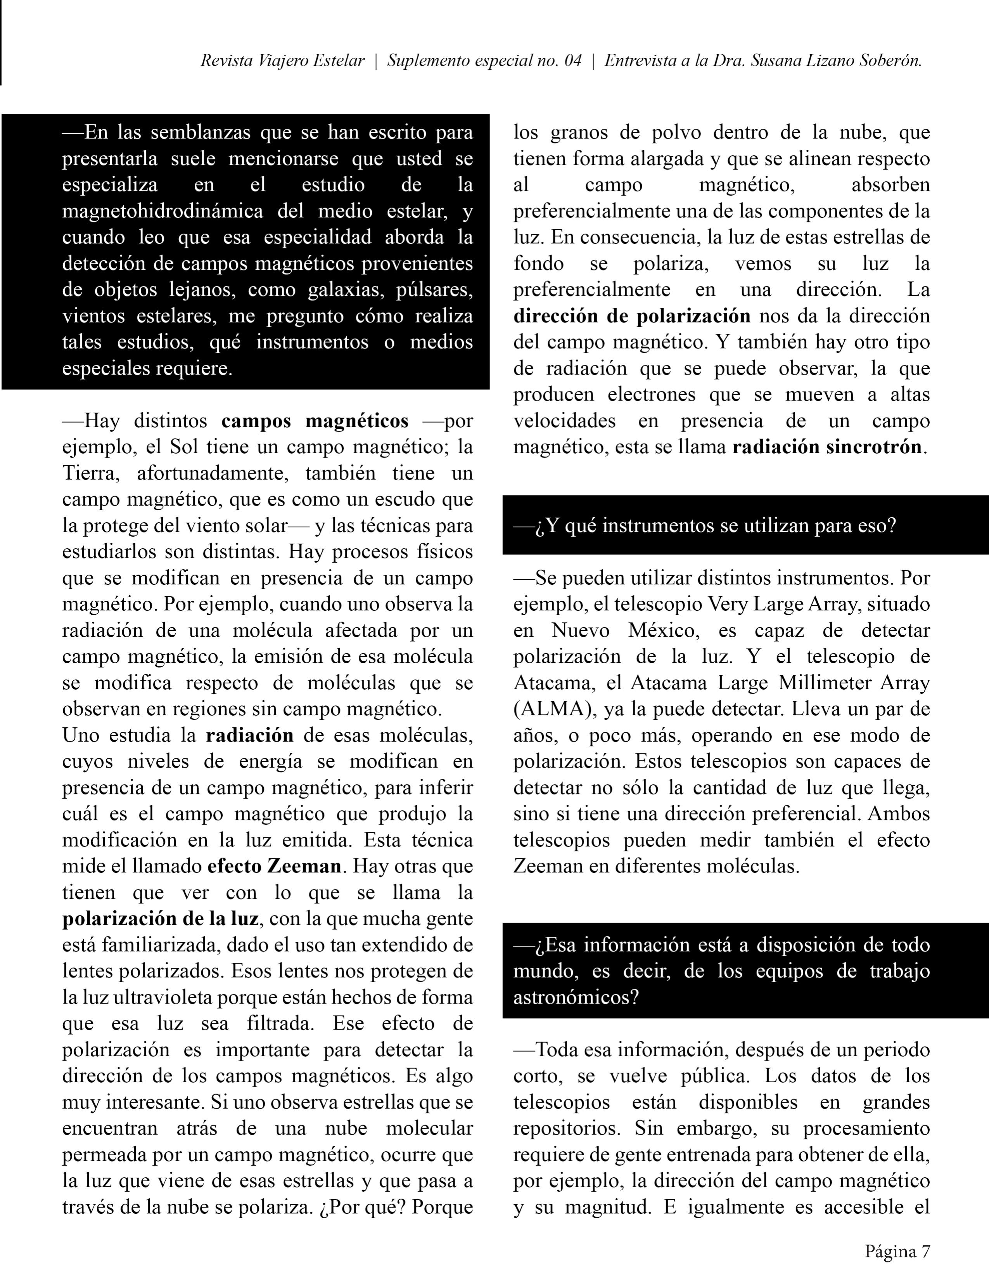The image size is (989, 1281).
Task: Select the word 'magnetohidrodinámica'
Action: (x=163, y=211)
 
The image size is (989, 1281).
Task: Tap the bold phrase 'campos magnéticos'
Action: (x=315, y=421)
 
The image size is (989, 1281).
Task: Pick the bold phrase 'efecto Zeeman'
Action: (x=274, y=866)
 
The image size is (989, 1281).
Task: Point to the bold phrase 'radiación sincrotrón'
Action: (x=828, y=447)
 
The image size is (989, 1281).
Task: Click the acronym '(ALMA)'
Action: (x=552, y=709)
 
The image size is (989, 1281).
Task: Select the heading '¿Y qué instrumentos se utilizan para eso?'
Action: (x=705, y=525)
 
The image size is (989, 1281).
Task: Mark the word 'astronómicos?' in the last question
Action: (x=575, y=997)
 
